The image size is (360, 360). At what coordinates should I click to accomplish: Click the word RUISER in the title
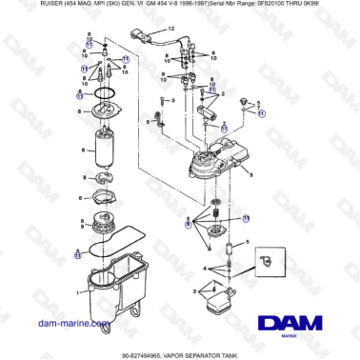click(18, 5)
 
